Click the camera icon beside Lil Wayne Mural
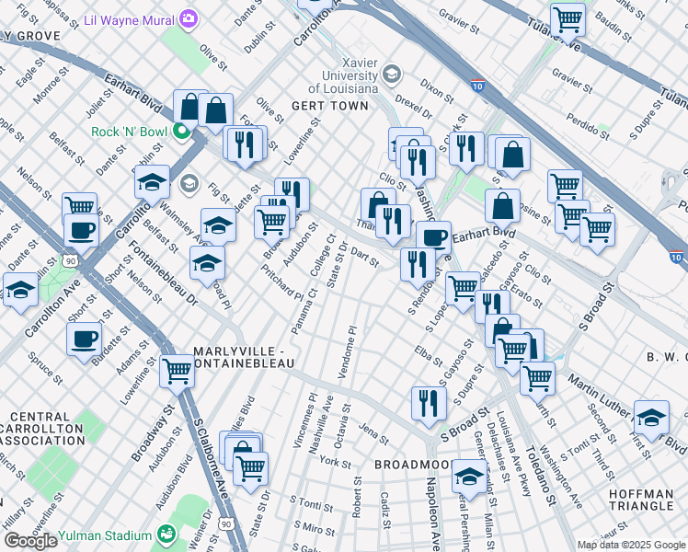point(189,18)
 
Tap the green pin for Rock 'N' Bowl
point(181,132)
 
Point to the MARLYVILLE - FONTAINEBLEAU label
point(243,358)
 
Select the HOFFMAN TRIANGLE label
point(641,500)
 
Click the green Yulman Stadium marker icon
point(166,534)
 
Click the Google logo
point(30,541)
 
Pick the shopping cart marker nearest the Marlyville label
point(176,371)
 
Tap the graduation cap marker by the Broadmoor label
point(469,476)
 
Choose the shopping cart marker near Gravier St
point(568,17)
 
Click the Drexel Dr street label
point(387,99)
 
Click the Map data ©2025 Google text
point(631,545)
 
